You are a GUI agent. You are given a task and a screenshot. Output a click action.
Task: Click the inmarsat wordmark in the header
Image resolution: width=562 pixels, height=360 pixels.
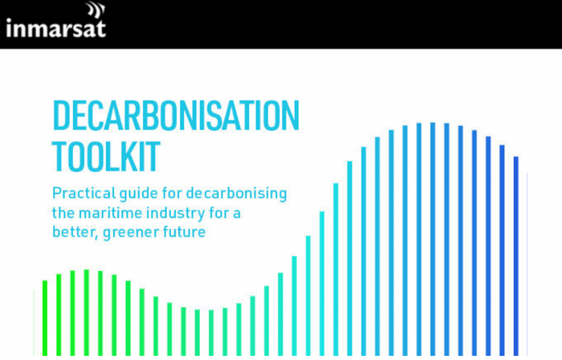pos(56,28)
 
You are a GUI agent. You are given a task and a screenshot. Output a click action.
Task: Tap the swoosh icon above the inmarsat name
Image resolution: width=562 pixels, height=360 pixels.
pos(96,10)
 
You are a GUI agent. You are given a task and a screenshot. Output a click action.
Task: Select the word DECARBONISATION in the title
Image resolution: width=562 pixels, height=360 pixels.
pos(176,116)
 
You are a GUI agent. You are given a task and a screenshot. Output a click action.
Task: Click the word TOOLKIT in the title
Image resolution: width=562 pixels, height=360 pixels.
pos(106,157)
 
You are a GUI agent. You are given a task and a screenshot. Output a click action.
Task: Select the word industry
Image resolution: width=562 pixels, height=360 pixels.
pos(175,214)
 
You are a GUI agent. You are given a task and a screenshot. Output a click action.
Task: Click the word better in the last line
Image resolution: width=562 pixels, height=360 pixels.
pos(74,232)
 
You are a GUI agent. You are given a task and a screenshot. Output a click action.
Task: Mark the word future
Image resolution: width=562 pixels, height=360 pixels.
pos(184,232)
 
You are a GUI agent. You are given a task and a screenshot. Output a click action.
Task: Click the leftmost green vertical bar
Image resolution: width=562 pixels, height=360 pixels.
pos(45,317)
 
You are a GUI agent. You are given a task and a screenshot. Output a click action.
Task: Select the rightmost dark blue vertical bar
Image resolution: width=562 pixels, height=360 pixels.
pos(516,256)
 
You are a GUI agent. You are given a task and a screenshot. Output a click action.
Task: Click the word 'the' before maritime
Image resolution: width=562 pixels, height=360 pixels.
pos(63,213)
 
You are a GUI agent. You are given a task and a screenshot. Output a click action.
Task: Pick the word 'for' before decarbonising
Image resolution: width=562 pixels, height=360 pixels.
pos(172,193)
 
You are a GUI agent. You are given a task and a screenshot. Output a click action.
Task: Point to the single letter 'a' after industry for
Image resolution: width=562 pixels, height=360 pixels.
pos(237,215)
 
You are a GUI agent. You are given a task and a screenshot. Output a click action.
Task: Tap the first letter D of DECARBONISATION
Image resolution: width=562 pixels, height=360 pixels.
pos(61,116)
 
